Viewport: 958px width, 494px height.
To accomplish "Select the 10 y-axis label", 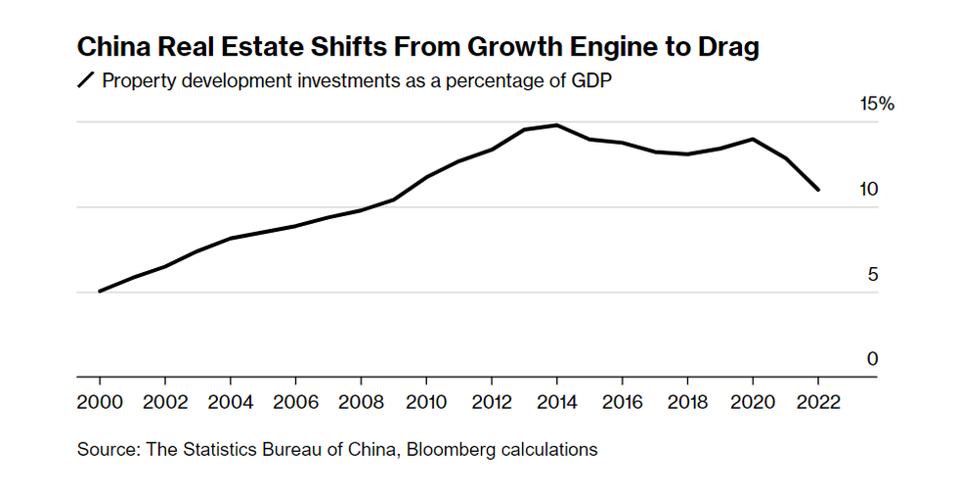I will tap(869, 190).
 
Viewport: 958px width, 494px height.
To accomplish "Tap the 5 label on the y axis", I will tap(873, 275).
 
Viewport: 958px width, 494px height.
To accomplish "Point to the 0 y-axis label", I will tap(873, 359).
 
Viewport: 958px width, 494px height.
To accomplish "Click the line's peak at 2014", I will tap(556, 125).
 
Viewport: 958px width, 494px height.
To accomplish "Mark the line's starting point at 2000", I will tap(100, 291).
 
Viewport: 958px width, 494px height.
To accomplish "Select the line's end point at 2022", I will tap(817, 190).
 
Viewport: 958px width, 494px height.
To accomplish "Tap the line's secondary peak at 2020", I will tap(753, 139).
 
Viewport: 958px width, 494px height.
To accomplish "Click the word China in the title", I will tap(110, 47).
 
